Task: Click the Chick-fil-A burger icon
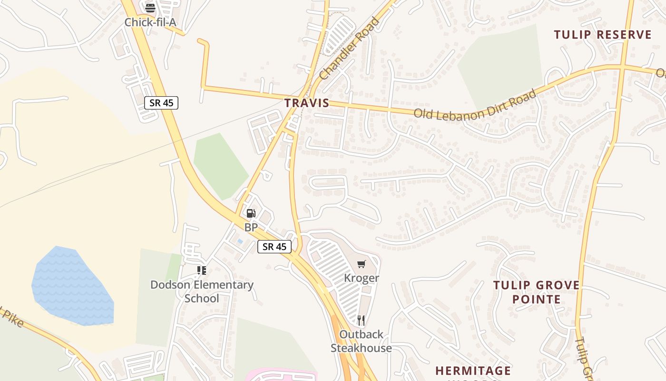click(x=150, y=7)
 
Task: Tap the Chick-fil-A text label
click(x=150, y=22)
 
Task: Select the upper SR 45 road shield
click(x=161, y=103)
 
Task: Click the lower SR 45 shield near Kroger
click(x=274, y=247)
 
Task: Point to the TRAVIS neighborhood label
click(x=307, y=103)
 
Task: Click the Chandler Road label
click(x=350, y=49)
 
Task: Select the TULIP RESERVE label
click(x=603, y=35)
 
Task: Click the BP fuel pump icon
click(x=251, y=213)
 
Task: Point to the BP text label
click(x=251, y=228)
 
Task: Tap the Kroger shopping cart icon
click(x=362, y=264)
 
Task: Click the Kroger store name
click(x=362, y=278)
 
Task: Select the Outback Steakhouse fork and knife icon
click(x=361, y=320)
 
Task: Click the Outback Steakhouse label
click(x=361, y=341)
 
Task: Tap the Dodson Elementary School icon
click(x=202, y=271)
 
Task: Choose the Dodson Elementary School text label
click(x=202, y=291)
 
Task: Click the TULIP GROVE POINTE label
click(x=536, y=292)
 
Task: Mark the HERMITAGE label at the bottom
click(x=473, y=371)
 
